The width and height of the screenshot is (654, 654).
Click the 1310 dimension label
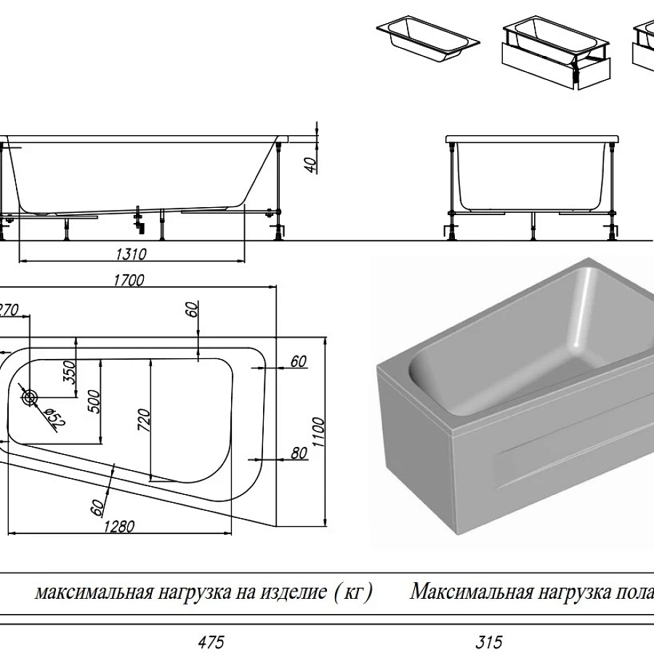click(131, 254)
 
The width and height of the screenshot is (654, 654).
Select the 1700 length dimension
click(130, 280)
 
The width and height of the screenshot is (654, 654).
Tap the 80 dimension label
click(299, 453)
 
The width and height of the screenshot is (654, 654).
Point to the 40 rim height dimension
click(311, 164)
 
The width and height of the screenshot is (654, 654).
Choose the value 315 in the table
click(488, 642)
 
